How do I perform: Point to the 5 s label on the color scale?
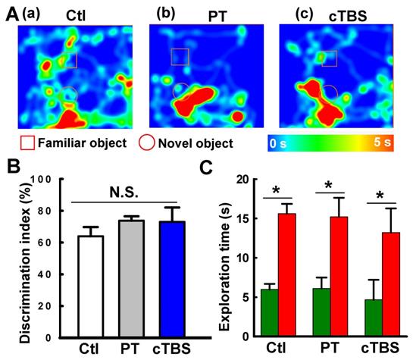[382, 142]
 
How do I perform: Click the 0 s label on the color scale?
[281, 142]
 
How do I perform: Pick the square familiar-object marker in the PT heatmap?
[180, 56]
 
